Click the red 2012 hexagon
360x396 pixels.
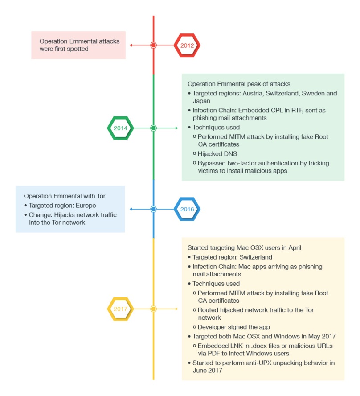(x=187, y=45)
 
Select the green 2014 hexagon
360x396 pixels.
(x=120, y=128)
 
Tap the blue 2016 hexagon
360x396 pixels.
(x=187, y=209)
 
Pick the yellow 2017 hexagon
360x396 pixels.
(x=120, y=309)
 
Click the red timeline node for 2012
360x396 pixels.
(x=154, y=45)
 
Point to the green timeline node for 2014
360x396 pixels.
(x=154, y=128)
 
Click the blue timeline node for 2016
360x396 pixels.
(x=154, y=209)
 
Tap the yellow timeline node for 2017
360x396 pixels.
(x=154, y=309)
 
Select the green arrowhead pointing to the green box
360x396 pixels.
(x=176, y=128)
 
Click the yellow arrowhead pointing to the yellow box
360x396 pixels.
(x=176, y=309)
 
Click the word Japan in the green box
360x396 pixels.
(x=201, y=101)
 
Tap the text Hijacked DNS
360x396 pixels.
(x=217, y=153)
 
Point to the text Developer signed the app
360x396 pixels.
(x=234, y=327)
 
